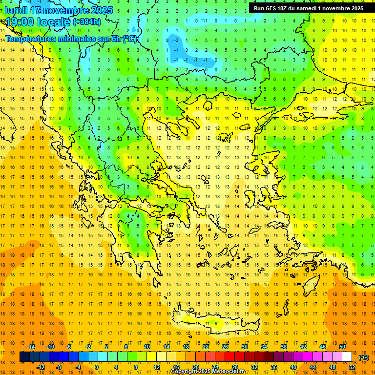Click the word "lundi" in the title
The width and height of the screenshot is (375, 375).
16,10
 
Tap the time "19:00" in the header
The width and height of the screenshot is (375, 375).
19,21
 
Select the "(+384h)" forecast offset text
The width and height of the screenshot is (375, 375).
87,21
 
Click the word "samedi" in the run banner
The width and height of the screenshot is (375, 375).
304,8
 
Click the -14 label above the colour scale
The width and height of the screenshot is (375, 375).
31,347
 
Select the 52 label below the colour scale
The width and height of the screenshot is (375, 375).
352,367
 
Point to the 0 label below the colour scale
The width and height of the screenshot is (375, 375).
97,367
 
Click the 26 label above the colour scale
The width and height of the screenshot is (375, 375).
225,347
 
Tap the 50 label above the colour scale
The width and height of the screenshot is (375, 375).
342,347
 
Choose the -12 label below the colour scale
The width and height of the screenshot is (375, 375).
41,367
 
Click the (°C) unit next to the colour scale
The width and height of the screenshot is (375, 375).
364,357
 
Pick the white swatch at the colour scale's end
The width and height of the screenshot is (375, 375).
347,357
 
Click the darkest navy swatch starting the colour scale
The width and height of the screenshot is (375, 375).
24,357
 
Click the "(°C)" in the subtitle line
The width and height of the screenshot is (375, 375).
129,39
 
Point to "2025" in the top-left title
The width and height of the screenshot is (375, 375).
102,10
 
